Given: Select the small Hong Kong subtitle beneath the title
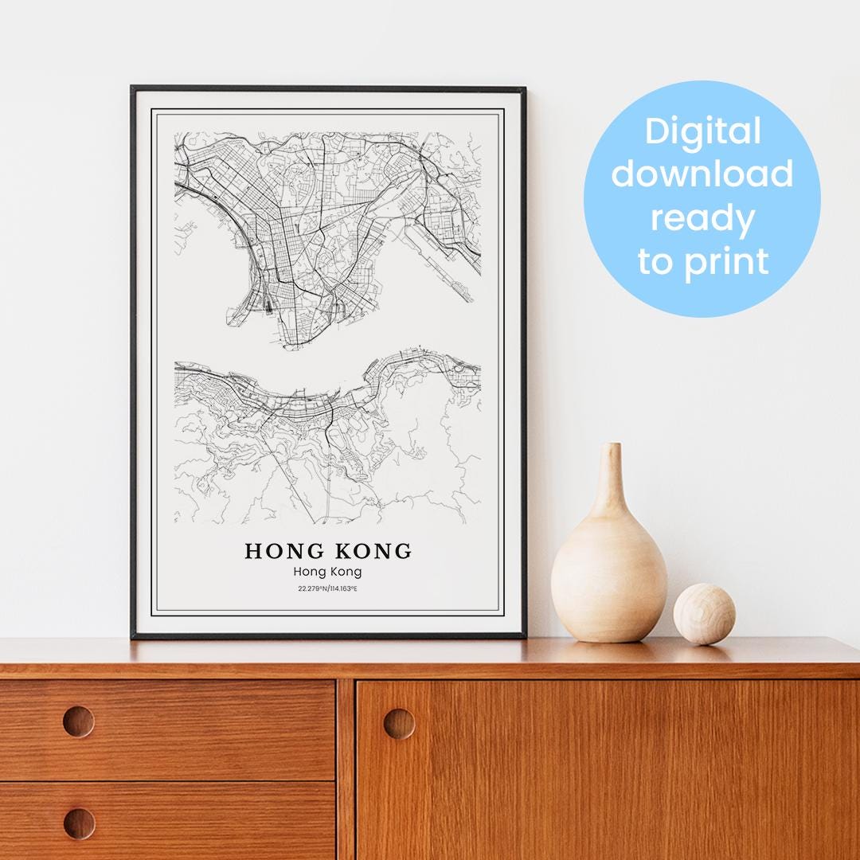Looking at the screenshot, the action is [327, 571].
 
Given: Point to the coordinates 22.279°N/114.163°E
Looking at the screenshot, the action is [327, 588].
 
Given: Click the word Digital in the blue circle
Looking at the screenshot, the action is [702, 131].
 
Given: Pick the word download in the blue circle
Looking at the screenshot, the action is [702, 174].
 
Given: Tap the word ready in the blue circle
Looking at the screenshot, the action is [702, 217].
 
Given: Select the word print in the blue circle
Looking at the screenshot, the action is [725, 260].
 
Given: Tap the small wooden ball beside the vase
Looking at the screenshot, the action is [704, 614].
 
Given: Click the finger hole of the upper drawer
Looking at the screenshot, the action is [78, 721].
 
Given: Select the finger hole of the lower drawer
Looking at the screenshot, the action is [78, 823].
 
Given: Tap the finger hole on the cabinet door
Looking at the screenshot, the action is [399, 723].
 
